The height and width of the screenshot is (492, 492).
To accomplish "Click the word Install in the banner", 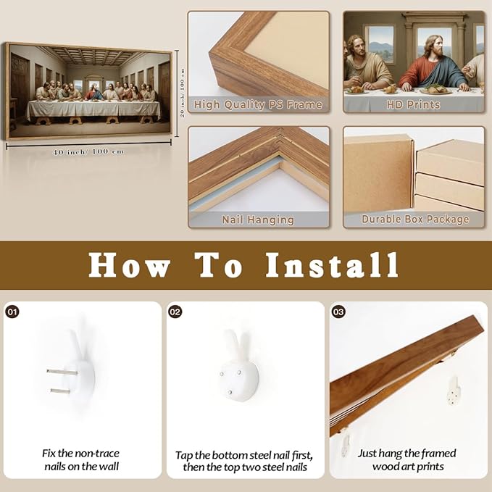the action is click(333, 265).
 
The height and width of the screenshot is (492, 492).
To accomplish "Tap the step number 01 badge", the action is click(12, 312).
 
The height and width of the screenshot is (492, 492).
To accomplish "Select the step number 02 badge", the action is click(175, 312).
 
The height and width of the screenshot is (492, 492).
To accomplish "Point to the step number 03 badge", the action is click(338, 312).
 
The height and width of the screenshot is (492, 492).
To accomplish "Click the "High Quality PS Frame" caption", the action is click(258, 105).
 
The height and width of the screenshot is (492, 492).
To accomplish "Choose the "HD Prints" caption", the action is click(413, 104).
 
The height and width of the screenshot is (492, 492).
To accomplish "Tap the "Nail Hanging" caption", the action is click(258, 220).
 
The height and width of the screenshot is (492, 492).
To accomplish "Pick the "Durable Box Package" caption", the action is click(415, 220).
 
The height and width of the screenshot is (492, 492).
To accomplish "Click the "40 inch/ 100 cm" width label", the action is click(88, 152).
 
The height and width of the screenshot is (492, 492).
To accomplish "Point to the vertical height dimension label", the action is click(183, 93).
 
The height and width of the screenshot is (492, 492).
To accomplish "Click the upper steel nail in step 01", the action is click(62, 372).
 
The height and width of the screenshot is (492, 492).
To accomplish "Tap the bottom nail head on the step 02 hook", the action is click(230, 392).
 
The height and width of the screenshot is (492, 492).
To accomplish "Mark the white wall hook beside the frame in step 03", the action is click(454, 391).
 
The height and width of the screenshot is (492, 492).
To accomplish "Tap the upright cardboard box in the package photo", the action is click(379, 173).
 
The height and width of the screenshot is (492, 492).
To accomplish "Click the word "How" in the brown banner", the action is click(130, 265).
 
